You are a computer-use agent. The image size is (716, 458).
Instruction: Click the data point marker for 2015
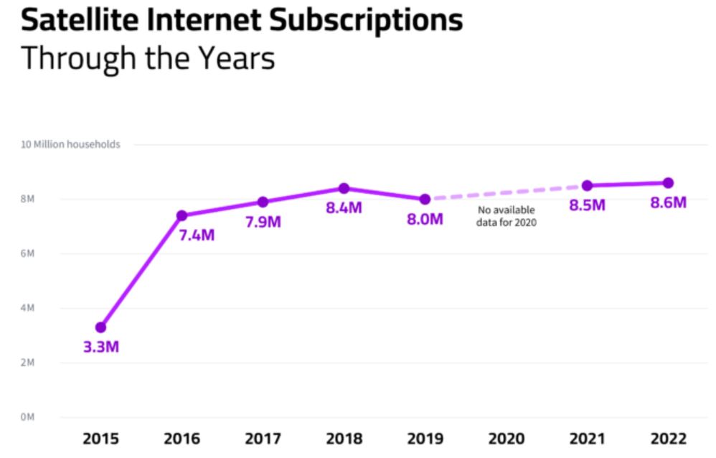[x=100, y=327]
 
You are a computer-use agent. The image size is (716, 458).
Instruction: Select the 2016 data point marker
[x=182, y=215]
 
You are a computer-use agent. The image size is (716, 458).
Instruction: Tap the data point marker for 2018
[x=344, y=188]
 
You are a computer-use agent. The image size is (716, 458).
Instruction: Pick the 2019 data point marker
[x=425, y=199]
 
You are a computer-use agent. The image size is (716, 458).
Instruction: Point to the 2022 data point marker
[x=668, y=182]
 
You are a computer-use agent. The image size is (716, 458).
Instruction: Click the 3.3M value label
[x=100, y=348]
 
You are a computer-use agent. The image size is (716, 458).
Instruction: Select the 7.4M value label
[x=196, y=235]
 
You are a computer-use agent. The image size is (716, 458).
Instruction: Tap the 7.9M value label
[x=263, y=222]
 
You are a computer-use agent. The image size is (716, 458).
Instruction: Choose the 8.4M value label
[x=344, y=209]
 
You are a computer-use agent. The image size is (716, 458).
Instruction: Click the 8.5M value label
[x=587, y=205]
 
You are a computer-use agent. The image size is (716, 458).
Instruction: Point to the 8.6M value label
[x=668, y=202]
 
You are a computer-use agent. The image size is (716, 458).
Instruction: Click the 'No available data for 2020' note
[x=507, y=217]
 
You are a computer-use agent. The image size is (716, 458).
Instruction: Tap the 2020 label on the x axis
[x=506, y=438]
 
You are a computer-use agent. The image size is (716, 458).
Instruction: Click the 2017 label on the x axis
[x=263, y=438]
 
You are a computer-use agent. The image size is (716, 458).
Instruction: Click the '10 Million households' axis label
[x=70, y=144]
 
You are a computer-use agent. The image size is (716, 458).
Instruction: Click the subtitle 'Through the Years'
[x=148, y=57]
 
